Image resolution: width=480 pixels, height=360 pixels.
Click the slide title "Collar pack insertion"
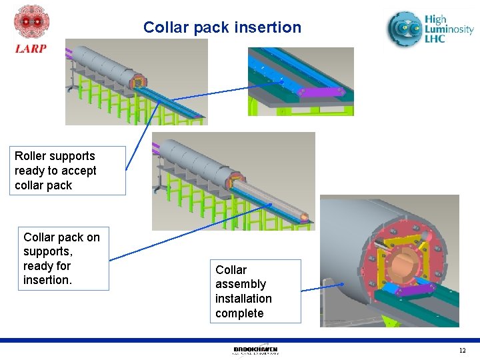click(222, 28)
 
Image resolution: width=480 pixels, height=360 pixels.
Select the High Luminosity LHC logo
click(430, 30)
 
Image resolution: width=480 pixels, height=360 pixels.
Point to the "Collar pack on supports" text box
click(62, 259)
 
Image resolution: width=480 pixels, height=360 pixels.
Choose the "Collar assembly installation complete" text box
click(255, 291)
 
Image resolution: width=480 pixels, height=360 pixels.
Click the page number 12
click(462, 351)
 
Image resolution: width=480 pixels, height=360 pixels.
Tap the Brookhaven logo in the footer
click(255, 350)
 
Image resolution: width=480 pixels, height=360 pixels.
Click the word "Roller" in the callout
click(31, 156)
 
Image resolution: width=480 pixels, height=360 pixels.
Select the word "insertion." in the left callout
click(47, 280)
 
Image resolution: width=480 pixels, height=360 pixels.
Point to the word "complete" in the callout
click(239, 313)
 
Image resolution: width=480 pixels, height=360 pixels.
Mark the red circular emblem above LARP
click(31, 23)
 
